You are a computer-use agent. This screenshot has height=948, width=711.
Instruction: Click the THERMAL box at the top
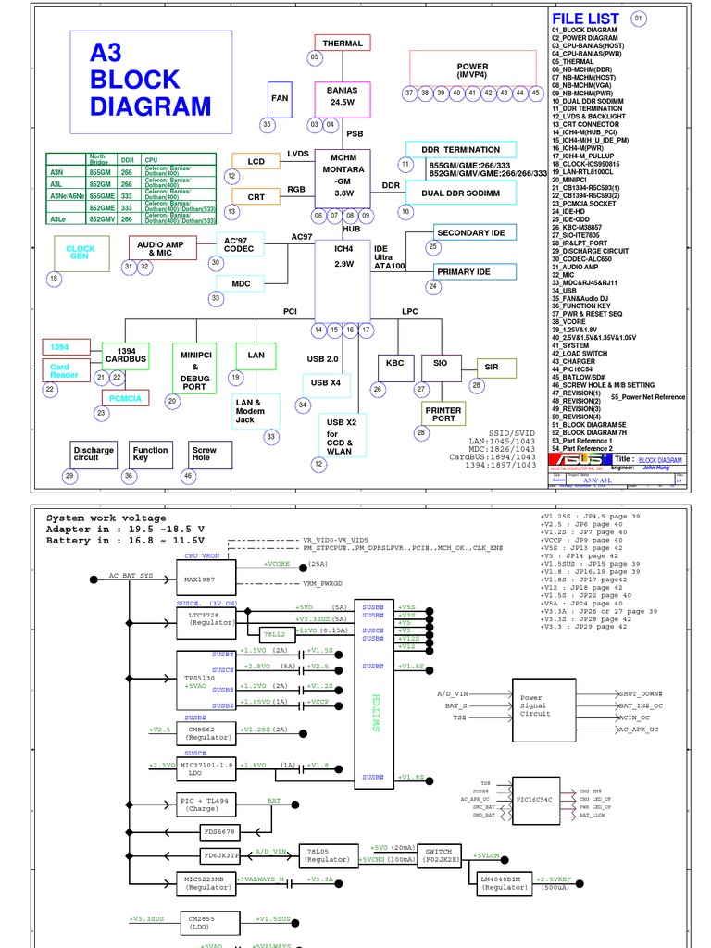pyautogui.click(x=343, y=43)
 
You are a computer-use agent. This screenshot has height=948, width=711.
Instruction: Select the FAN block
pyautogui.click(x=280, y=97)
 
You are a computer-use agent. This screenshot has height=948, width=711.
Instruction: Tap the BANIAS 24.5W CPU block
pyautogui.click(x=342, y=96)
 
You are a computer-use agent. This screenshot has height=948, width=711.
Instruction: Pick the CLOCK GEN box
pyautogui.click(x=81, y=253)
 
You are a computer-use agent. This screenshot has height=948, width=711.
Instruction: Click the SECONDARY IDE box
pyautogui.click(x=475, y=232)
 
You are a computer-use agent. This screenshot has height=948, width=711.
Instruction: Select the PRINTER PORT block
pyautogui.click(x=443, y=413)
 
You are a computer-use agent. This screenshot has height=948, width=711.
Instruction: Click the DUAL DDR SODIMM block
pyautogui.click(x=460, y=193)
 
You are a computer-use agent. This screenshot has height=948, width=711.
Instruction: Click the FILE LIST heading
pyautogui.click(x=585, y=19)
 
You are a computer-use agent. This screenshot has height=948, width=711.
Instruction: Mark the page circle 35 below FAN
pyautogui.click(x=268, y=125)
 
